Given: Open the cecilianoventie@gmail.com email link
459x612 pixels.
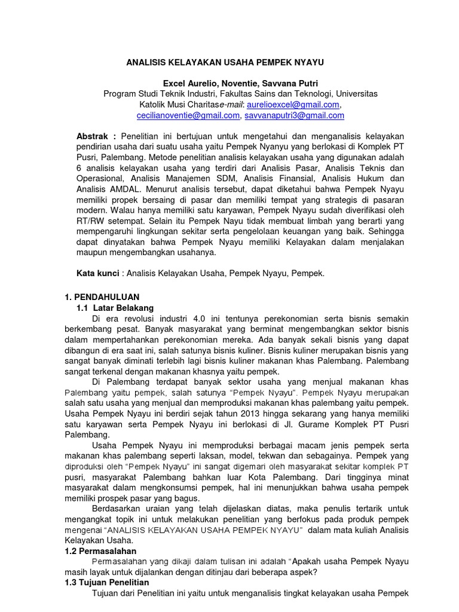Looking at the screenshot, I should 188,115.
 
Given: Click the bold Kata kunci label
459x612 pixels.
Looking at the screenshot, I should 97,273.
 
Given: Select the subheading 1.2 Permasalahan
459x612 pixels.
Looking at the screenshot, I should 100,550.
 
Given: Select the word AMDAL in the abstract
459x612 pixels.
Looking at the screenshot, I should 113,189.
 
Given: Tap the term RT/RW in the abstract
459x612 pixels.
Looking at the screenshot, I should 91,221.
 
